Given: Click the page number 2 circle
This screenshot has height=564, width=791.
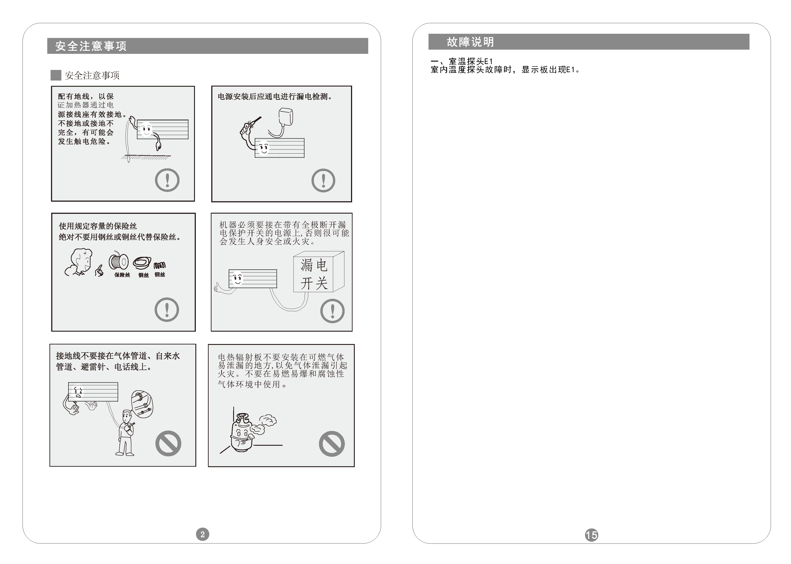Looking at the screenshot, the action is coord(202,534).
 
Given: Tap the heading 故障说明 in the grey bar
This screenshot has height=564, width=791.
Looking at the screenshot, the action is coord(470,42).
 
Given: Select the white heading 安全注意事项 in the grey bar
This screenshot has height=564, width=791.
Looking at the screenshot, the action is coord(91,46).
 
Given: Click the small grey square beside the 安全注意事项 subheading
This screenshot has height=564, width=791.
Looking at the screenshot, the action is coord(56,75).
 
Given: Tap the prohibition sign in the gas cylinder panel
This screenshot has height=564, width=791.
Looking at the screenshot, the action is coord(332,444).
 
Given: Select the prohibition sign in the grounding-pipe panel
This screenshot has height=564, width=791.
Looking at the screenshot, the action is coord(168,444).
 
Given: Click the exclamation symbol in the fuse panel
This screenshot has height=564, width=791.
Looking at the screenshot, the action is coord(167,309).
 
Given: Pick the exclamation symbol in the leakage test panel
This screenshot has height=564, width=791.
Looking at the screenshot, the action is coord(323,180).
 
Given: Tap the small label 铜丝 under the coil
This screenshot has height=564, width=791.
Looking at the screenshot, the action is coord(160,275).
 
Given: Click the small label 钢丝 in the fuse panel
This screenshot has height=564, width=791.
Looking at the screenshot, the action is coord(143,275).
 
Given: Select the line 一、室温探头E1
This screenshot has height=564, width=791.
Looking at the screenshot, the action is coord(462,62).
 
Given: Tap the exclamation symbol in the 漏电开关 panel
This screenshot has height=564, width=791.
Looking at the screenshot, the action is coord(332,311).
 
